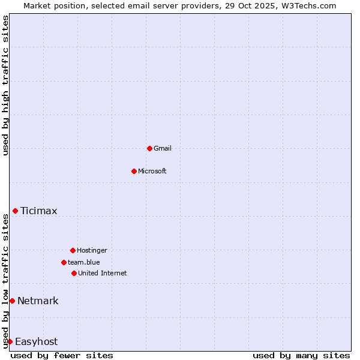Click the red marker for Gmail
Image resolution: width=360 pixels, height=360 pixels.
(x=149, y=148)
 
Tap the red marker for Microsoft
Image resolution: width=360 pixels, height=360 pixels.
(x=134, y=171)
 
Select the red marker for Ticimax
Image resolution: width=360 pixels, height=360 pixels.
(x=15, y=211)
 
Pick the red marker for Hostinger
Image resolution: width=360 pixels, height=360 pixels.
(x=73, y=250)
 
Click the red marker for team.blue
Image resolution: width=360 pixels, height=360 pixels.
(x=64, y=262)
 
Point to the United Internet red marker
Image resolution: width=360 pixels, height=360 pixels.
(x=74, y=273)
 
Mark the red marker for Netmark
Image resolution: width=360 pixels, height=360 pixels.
(x=12, y=301)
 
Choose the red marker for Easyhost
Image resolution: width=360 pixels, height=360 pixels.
(x=10, y=341)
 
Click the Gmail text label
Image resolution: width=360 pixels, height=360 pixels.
(x=163, y=148)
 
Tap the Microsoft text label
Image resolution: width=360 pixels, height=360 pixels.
(x=152, y=171)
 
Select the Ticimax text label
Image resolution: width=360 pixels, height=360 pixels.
(x=39, y=211)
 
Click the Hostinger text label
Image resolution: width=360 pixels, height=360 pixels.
(x=92, y=250)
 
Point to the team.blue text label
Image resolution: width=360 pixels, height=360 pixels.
(x=84, y=262)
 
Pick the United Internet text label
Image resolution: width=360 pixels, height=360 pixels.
(x=103, y=273)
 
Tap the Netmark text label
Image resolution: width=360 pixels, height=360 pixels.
(x=38, y=301)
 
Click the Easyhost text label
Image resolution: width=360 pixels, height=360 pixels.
(x=36, y=341)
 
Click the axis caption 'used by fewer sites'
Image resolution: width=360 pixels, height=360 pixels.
(x=62, y=355)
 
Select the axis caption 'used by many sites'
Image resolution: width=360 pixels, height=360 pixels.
(x=301, y=355)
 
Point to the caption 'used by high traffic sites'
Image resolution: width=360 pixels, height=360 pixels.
(x=5, y=85)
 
